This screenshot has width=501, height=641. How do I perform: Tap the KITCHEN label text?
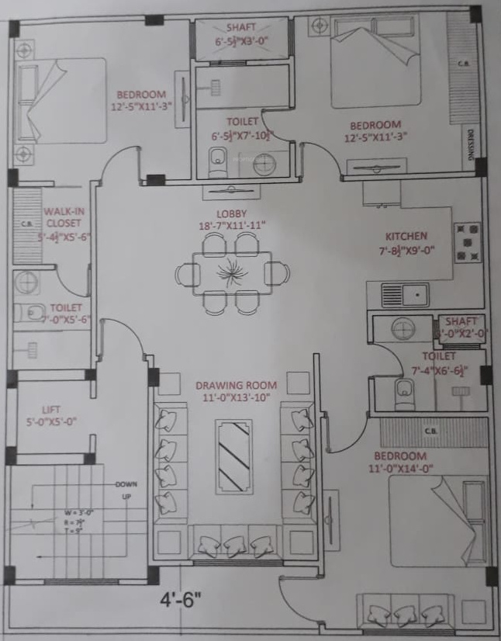click(x=407, y=236)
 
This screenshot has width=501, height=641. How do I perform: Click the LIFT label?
click(x=51, y=410)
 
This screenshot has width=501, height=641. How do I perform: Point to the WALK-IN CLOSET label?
click(x=64, y=217)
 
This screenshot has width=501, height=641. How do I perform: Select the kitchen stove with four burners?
click(x=467, y=242)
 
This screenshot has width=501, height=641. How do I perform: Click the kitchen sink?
click(x=405, y=295)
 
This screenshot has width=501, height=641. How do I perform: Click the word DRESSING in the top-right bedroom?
click(x=471, y=147)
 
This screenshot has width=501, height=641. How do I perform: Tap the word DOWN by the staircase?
click(x=126, y=484)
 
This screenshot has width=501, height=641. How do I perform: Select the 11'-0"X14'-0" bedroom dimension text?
click(x=400, y=469)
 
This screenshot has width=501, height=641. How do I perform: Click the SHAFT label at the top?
click(x=242, y=27)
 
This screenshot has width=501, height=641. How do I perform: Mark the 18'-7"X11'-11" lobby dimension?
click(x=232, y=226)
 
